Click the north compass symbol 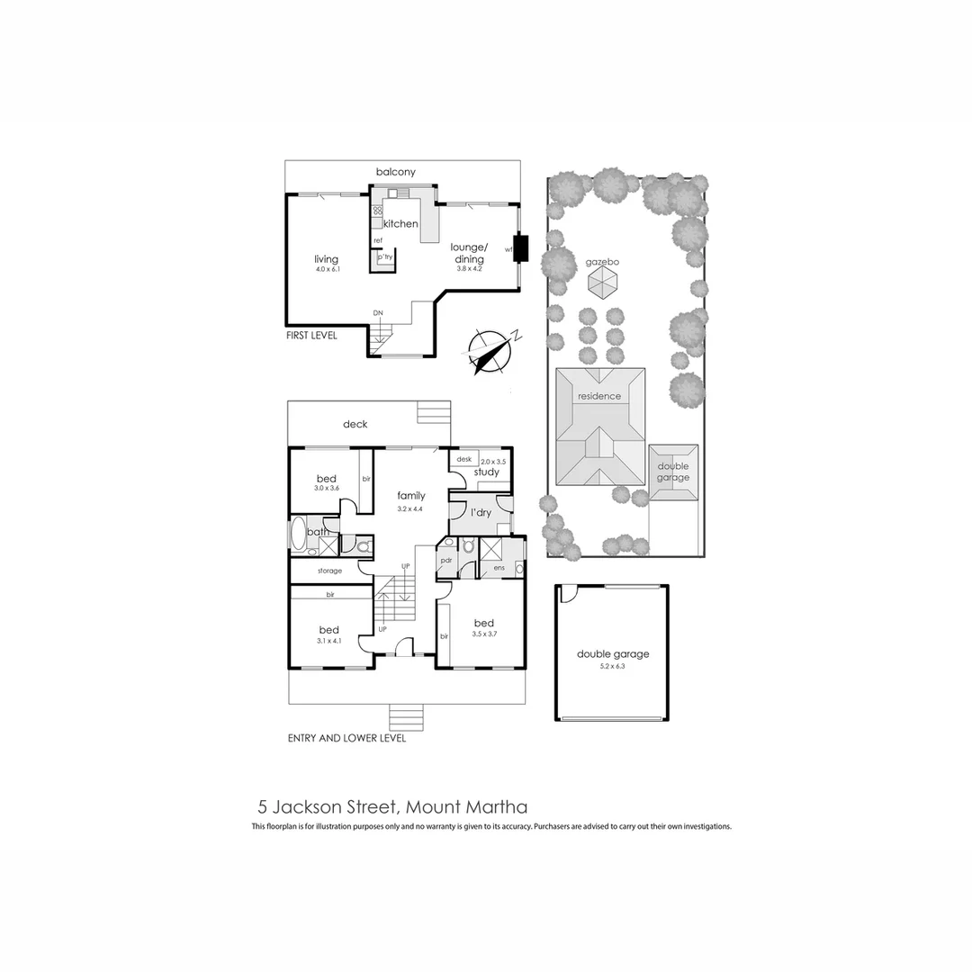tap(487, 351)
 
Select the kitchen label tap(400, 223)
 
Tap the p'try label tap(385, 257)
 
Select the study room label tap(486, 472)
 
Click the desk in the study tap(464, 459)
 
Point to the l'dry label tap(481, 512)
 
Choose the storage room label tap(329, 571)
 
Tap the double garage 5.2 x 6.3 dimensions tap(613, 667)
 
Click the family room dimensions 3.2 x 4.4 tap(409, 508)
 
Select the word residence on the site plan tap(599, 396)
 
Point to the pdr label tap(445, 560)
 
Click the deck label tap(355, 424)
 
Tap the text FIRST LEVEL tap(312, 335)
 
